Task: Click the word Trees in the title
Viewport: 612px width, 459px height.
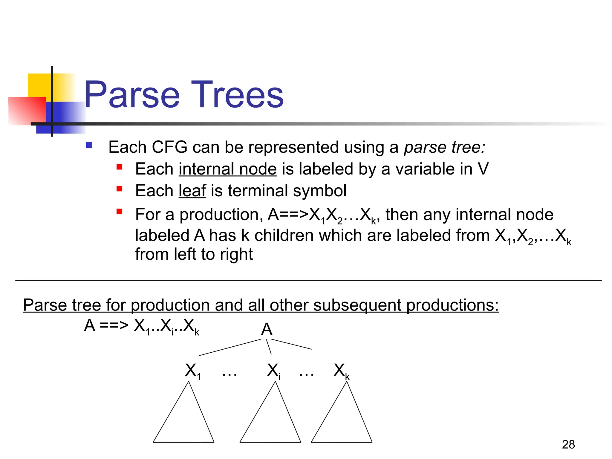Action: click(x=238, y=95)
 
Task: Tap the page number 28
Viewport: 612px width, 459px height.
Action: click(x=568, y=444)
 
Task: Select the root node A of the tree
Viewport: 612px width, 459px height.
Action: click(x=267, y=329)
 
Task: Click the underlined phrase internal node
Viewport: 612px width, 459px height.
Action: click(x=228, y=169)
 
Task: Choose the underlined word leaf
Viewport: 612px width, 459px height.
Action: click(x=192, y=191)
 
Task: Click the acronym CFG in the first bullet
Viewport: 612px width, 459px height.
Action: click(x=169, y=147)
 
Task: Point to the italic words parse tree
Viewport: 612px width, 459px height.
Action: click(x=444, y=147)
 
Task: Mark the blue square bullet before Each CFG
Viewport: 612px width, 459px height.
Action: click(x=89, y=146)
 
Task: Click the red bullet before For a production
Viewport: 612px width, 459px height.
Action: click(x=120, y=212)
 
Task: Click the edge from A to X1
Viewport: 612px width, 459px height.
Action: click(x=230, y=347)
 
